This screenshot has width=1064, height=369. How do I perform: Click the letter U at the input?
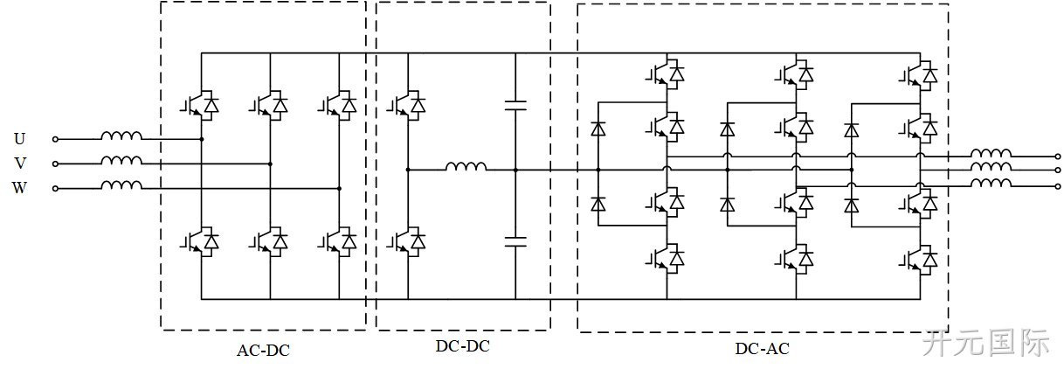click(x=19, y=139)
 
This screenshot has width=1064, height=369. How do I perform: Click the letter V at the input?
click(x=20, y=164)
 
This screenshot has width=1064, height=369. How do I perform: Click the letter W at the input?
click(x=19, y=188)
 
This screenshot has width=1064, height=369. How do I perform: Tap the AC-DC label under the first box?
click(x=263, y=351)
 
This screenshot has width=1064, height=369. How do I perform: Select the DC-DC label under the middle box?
click(x=463, y=346)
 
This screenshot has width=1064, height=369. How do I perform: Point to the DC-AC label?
click(x=763, y=349)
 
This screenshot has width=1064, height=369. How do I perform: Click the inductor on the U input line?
click(x=121, y=136)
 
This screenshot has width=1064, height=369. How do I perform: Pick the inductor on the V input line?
click(x=121, y=160)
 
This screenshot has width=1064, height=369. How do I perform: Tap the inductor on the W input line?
click(x=121, y=185)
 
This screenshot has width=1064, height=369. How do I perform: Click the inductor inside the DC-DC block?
click(x=466, y=166)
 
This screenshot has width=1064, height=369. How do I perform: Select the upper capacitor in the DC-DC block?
click(x=515, y=106)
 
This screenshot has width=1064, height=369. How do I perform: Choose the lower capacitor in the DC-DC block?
click(x=515, y=241)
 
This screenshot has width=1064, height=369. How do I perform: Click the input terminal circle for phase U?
click(x=55, y=139)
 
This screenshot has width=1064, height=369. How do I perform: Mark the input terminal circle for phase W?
click(x=55, y=189)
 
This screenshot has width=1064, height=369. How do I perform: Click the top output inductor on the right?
click(x=991, y=153)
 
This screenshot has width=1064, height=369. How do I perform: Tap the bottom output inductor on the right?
click(x=991, y=184)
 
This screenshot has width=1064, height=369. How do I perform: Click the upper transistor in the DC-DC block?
click(x=406, y=105)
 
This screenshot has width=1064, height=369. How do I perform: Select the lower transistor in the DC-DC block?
click(x=406, y=241)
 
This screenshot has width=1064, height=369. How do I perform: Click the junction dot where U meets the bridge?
click(x=202, y=139)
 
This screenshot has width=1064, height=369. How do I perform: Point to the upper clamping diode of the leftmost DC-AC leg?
click(x=598, y=129)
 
